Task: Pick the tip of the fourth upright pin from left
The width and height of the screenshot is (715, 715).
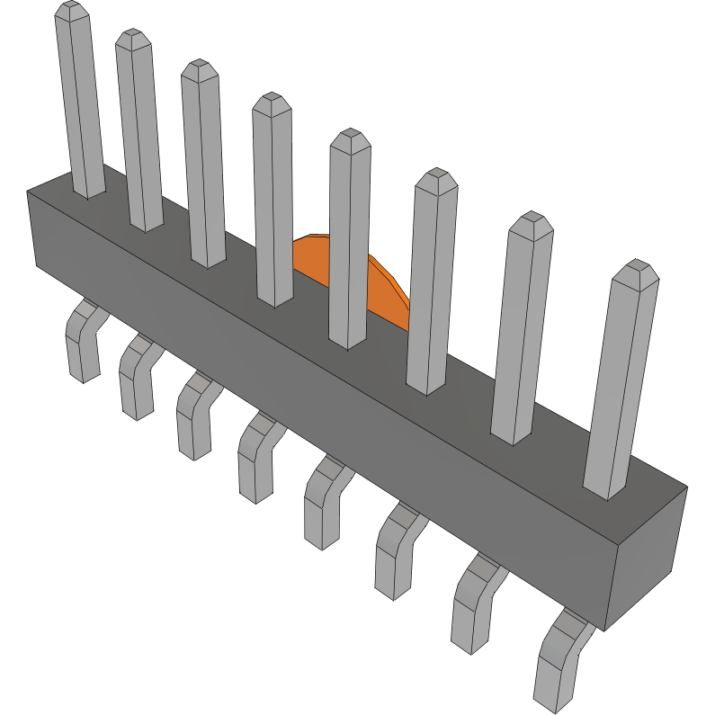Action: tap(271, 103)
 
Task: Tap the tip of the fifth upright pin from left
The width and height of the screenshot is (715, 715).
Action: tap(351, 140)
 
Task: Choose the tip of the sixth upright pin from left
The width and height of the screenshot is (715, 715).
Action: tap(436, 179)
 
